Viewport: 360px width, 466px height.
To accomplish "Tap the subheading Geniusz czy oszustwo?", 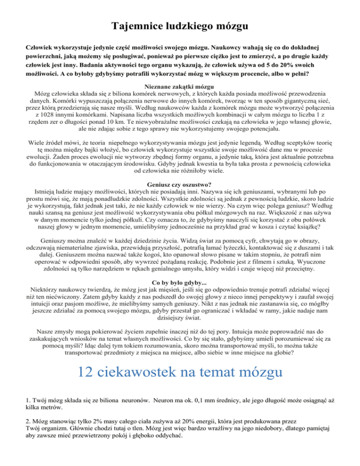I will [x=180, y=184].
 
